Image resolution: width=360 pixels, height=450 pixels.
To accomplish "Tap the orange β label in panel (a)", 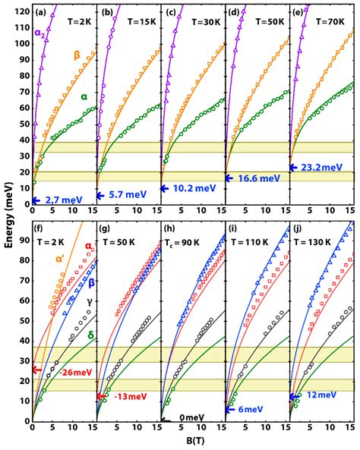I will click(x=77, y=54).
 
